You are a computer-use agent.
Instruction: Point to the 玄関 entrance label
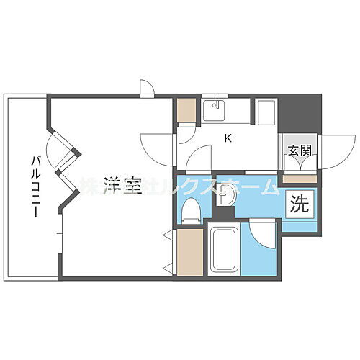300,151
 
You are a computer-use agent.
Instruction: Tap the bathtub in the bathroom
225,248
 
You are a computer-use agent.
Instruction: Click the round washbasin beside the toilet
226,198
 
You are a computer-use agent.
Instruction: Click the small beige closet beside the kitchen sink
186,111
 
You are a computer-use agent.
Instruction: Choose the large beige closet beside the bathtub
188,251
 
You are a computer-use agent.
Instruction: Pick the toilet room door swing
198,158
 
